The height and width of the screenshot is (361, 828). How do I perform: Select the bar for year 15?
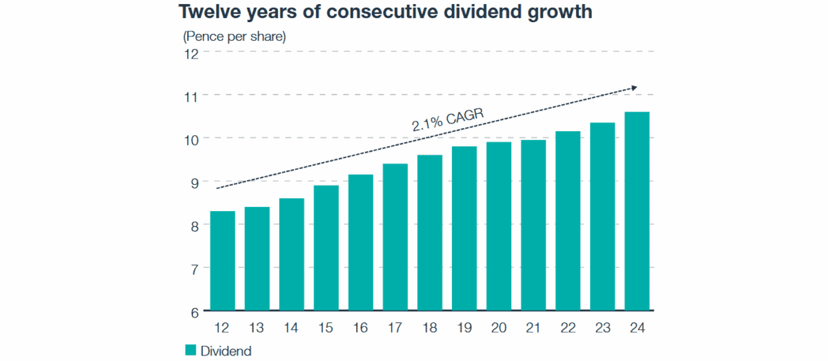[326, 248]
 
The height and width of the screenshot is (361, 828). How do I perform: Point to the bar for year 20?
[499, 226]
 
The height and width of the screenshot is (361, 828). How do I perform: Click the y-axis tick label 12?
[190, 52]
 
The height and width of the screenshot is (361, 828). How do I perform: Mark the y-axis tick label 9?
[194, 182]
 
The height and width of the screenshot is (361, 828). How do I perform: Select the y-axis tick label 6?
[194, 312]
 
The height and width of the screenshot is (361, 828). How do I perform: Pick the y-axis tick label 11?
[190, 96]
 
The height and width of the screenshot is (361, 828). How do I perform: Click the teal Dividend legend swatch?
[191, 350]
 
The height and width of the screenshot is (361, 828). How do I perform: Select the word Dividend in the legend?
[226, 351]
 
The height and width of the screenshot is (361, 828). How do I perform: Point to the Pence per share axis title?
[234, 35]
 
